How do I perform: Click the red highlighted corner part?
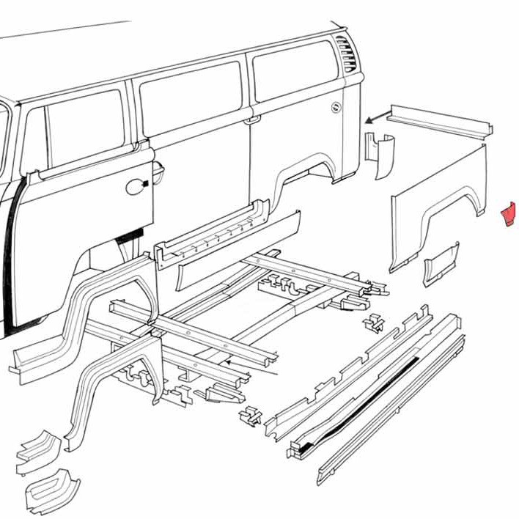pos(507,215)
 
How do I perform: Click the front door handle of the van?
pos(136,186)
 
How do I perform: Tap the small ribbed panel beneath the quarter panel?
pos(441,265)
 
